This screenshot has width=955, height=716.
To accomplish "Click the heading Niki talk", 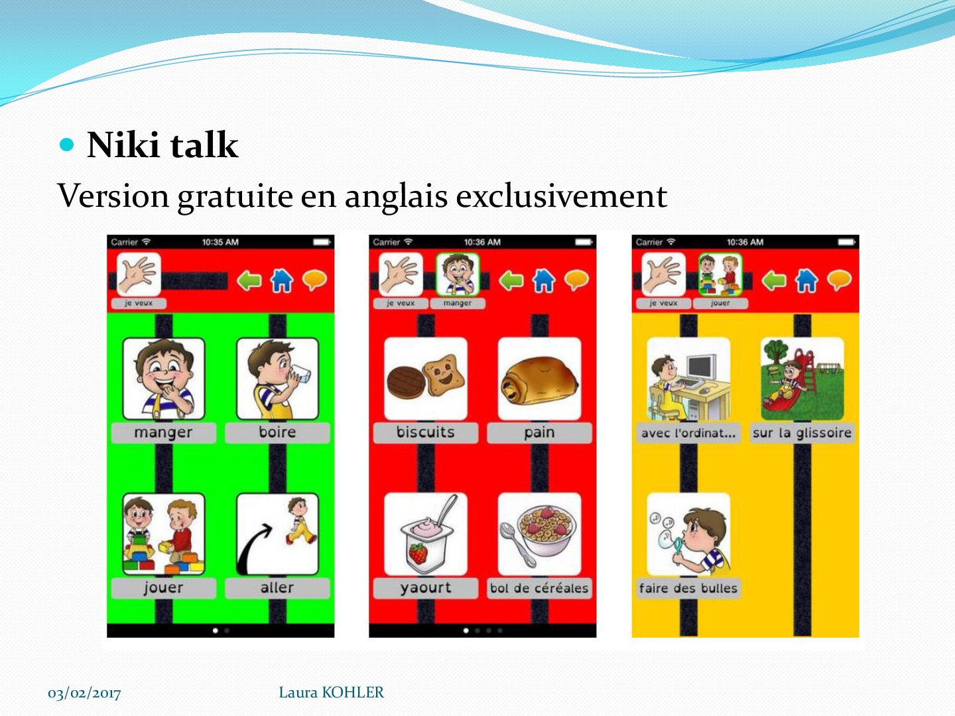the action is click(162, 145).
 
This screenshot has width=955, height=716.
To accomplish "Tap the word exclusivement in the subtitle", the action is click(561, 196).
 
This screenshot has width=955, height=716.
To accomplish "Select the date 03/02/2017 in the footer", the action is click(84, 693).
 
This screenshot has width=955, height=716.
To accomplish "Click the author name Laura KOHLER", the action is click(331, 692).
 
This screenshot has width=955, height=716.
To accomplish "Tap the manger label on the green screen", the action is click(164, 432).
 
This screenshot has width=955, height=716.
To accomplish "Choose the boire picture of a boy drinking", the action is click(278, 379).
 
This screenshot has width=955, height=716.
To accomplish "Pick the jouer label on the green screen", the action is click(164, 588).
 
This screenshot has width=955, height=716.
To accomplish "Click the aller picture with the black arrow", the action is click(278, 534).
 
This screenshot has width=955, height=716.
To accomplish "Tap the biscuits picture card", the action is click(426, 379).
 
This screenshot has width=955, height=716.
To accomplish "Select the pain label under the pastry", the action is click(539, 432).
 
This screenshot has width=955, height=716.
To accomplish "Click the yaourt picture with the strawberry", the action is click(426, 534).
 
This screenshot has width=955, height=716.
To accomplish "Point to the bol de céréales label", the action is click(539, 588).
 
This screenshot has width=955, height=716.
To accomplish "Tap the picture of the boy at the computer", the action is click(688, 379).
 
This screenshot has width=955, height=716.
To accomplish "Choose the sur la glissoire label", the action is click(802, 433).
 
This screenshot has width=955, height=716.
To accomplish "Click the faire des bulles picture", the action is click(688, 534).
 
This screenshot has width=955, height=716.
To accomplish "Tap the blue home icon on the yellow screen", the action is click(806, 280).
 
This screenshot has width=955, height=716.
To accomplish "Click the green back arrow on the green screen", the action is click(249, 280).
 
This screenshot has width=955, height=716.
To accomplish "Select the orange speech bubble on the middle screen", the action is click(576, 280).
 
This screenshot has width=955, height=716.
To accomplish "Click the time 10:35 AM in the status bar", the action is click(220, 242).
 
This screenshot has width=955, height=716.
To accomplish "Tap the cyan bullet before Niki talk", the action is click(66, 145).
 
